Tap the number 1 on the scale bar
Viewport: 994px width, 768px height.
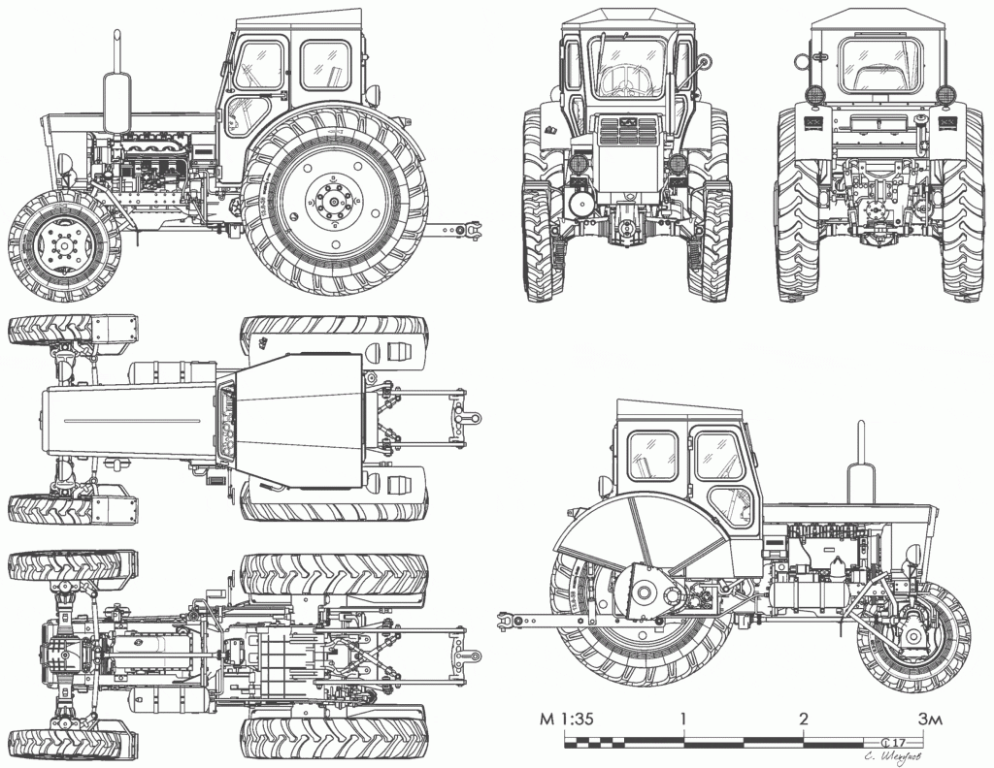coord(684,719)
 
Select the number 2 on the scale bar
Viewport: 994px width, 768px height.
coord(803,719)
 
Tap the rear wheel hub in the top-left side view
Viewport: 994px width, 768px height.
coord(334,202)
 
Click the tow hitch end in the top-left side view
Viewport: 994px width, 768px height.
coord(474,230)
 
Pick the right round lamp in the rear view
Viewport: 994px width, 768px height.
coord(944,94)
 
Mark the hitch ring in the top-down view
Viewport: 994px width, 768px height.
coord(473,417)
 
